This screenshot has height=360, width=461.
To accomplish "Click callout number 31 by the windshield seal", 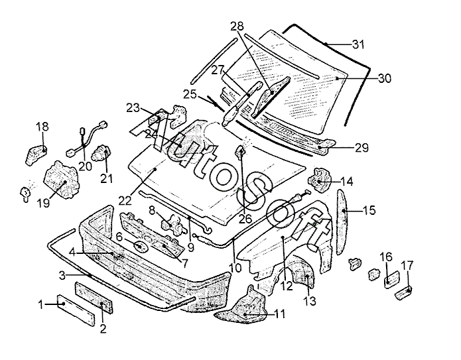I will click(x=358, y=45).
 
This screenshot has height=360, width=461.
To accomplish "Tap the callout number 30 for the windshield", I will click(x=385, y=78).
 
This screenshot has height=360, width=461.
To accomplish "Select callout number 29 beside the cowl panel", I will click(x=361, y=147).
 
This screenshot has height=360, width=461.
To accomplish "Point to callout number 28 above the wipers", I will click(x=237, y=27).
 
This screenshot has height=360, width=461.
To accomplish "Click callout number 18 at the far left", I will click(x=42, y=127).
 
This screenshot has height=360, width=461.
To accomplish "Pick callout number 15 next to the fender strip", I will click(x=369, y=210).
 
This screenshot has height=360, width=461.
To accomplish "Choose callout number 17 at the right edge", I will click(x=407, y=266).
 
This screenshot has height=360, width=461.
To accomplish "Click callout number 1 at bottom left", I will click(x=40, y=304).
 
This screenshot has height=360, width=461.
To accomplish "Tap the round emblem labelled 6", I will click(x=140, y=246).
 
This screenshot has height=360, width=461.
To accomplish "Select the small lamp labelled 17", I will click(x=403, y=292).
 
